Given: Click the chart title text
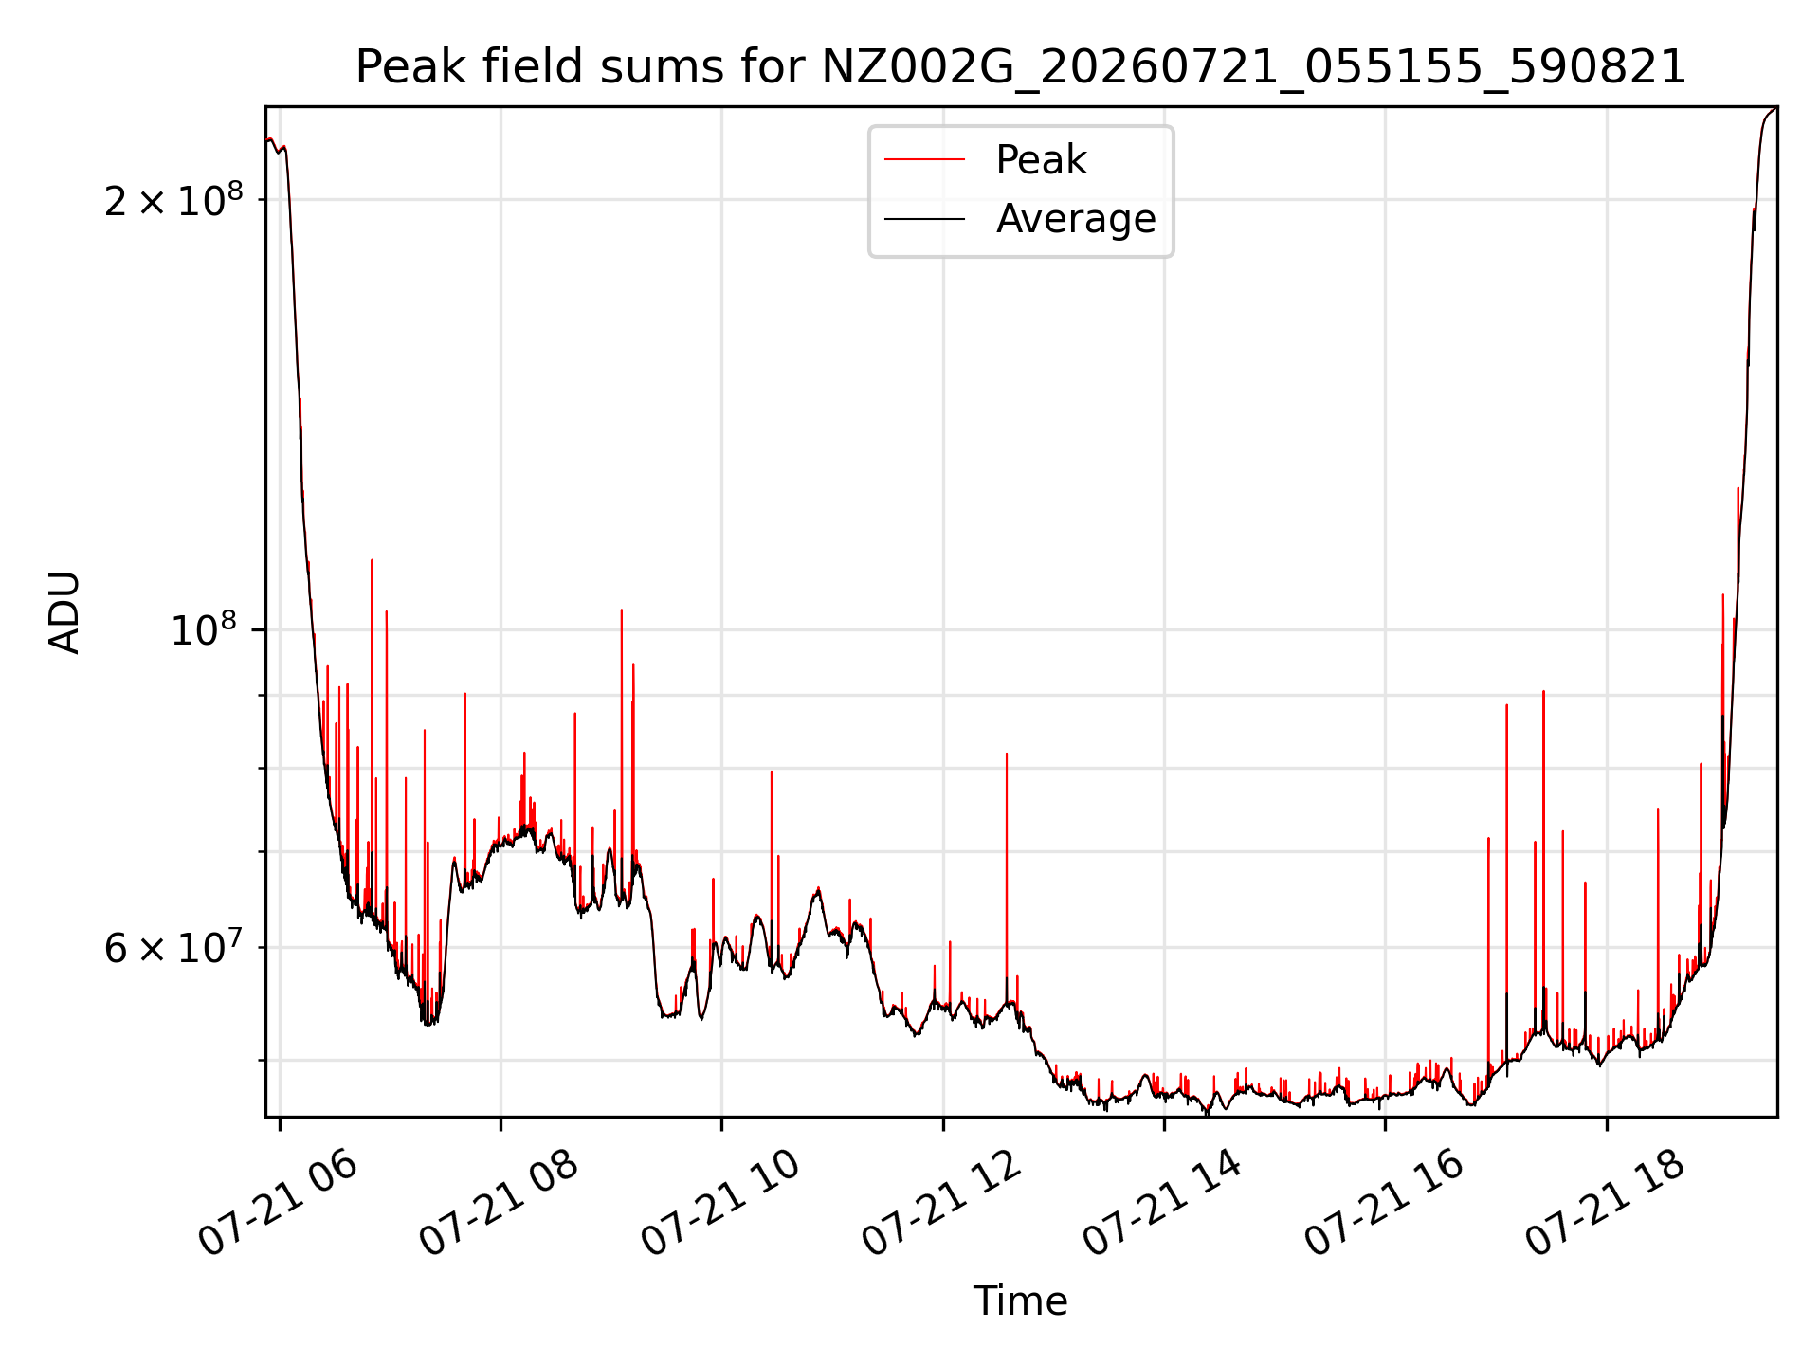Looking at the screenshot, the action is pos(1021,67).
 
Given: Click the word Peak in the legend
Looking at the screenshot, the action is pos(1041,160).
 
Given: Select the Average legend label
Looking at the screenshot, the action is pos(1076,219).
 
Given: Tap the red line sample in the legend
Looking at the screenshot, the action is pos(924,160).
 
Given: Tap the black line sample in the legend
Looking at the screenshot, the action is pos(924,219).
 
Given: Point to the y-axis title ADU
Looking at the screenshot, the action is pos(64,612).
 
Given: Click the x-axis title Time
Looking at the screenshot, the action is pos(1021,1301).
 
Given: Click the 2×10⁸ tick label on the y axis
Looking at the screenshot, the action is pos(173,200).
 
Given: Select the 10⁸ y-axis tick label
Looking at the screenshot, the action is pos(204,630).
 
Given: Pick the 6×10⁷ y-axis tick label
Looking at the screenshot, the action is pos(173,948).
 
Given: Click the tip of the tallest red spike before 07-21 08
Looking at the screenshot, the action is pos(372,560).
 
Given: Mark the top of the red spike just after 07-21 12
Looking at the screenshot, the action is pos(1007,754).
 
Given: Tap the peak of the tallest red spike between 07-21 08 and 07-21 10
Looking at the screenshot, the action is pos(622,610).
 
